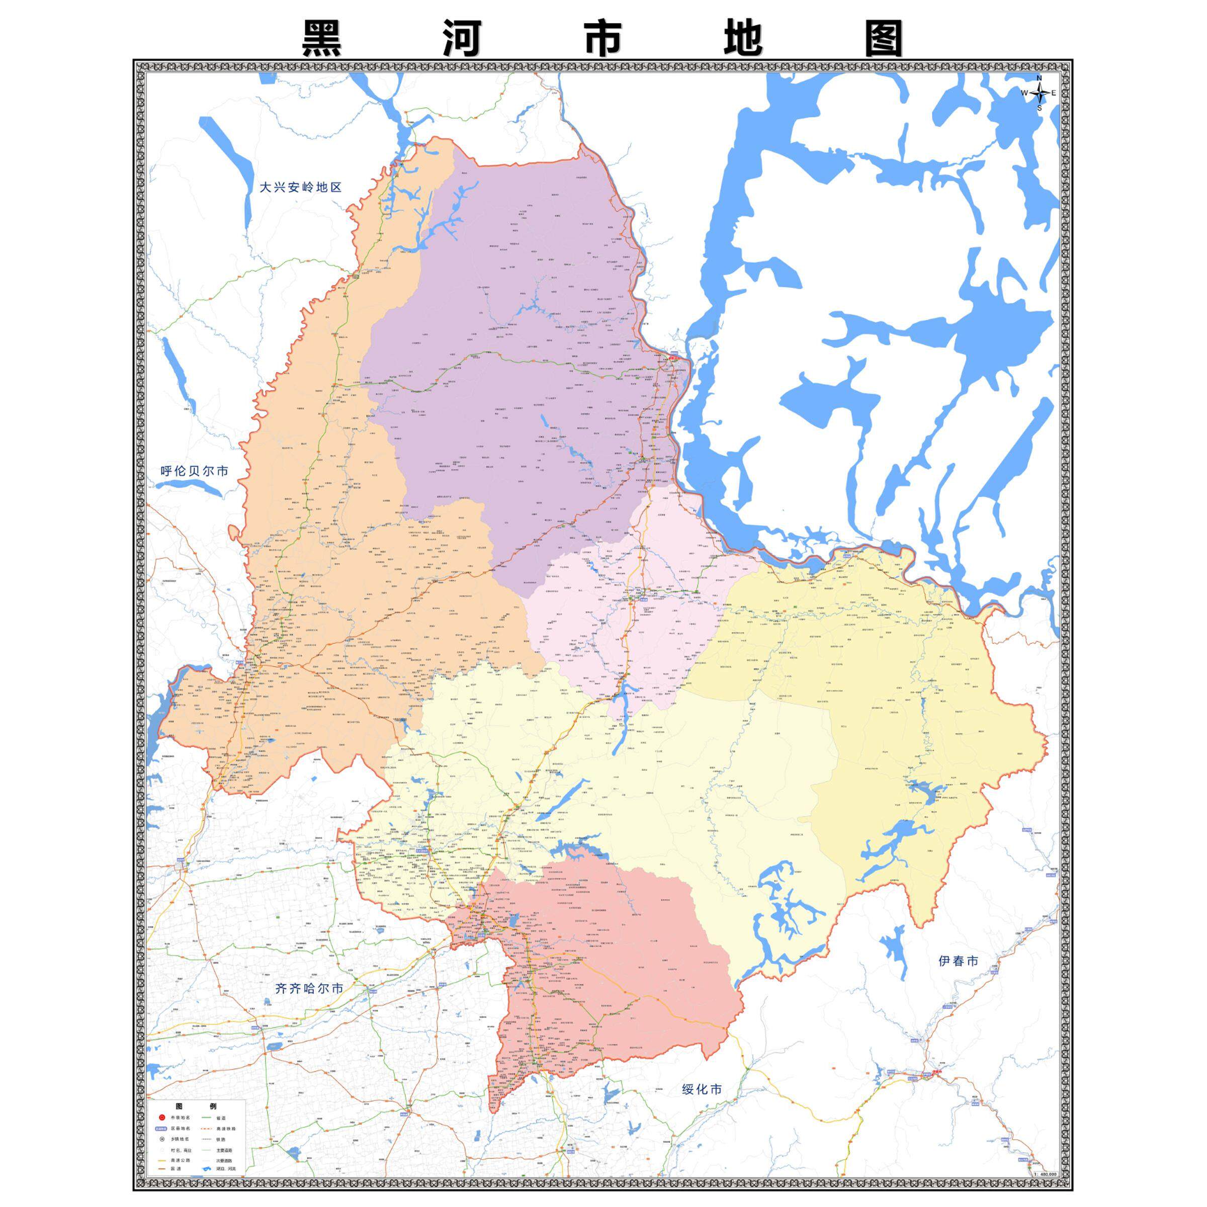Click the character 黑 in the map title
click(x=322, y=39)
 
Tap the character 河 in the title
click(x=462, y=39)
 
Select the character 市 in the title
click(x=603, y=39)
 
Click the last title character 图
click(x=884, y=39)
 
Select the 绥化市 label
click(x=701, y=1089)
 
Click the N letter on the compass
click(x=1040, y=78)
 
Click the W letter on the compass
click(x=1024, y=93)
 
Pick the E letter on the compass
click(x=1054, y=93)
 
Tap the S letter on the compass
click(x=1040, y=108)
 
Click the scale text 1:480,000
click(x=1045, y=1174)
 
